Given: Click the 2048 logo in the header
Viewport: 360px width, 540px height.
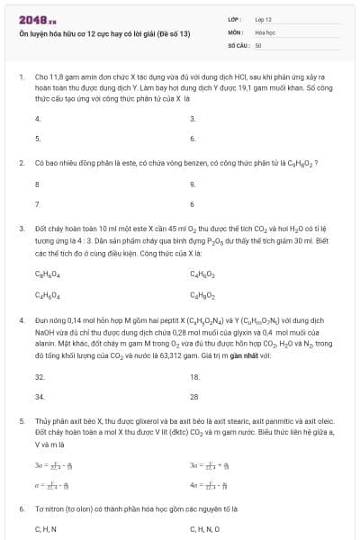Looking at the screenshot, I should [x=37, y=19].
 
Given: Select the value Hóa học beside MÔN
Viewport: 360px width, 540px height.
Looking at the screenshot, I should [x=265, y=31].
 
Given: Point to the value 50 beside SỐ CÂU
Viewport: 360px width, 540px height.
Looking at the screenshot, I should [x=258, y=44].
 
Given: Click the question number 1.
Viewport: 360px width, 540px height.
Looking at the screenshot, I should [x=21, y=76].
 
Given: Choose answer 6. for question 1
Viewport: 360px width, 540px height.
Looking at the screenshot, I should [x=193, y=139].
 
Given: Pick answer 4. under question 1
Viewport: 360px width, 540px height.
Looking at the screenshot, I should [x=38, y=119].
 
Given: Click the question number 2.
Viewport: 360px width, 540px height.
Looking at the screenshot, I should [x=21, y=163].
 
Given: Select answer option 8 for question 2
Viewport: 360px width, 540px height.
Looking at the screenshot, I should [x=37, y=184].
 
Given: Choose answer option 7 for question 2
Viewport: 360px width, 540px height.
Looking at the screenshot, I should [x=37, y=204].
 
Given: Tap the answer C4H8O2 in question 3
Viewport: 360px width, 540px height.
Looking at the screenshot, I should [x=202, y=294].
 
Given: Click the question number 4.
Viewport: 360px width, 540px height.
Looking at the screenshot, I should [x=21, y=319].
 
